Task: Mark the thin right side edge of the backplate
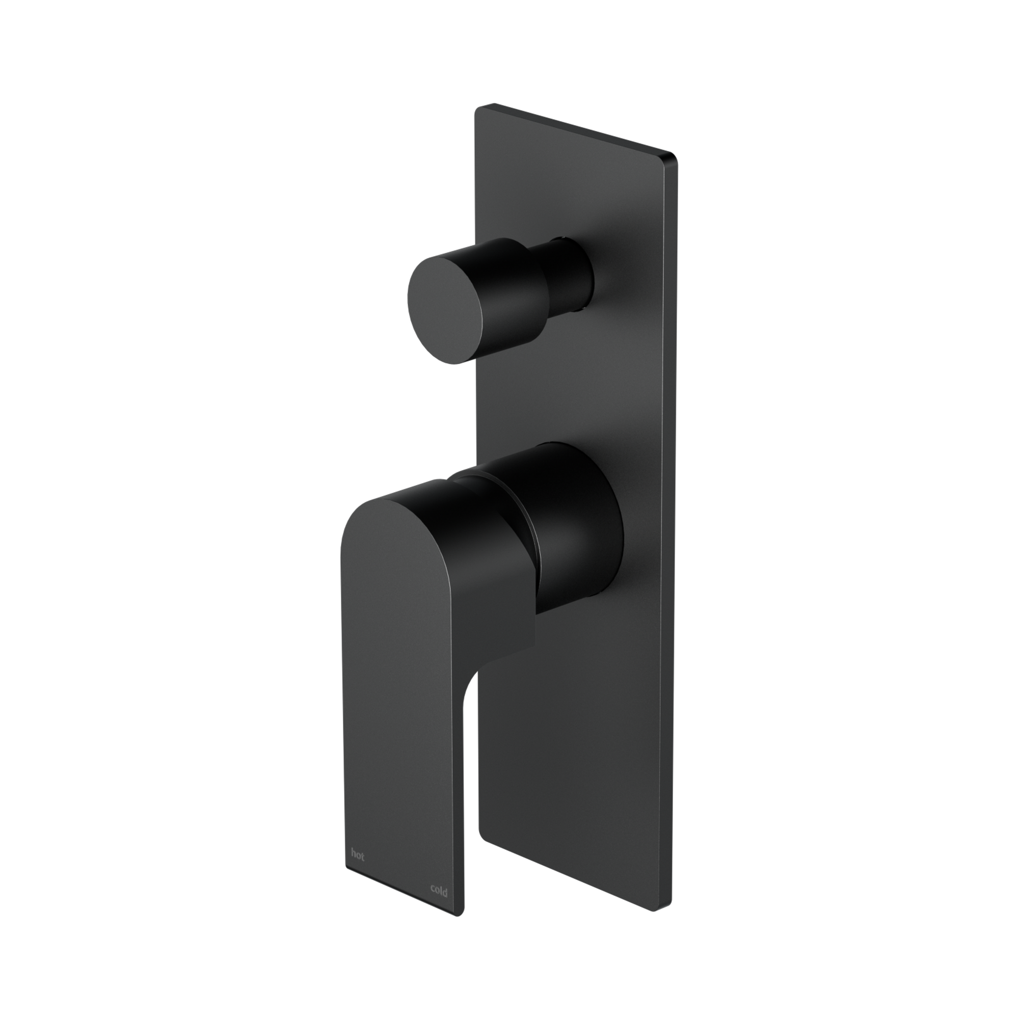674,527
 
